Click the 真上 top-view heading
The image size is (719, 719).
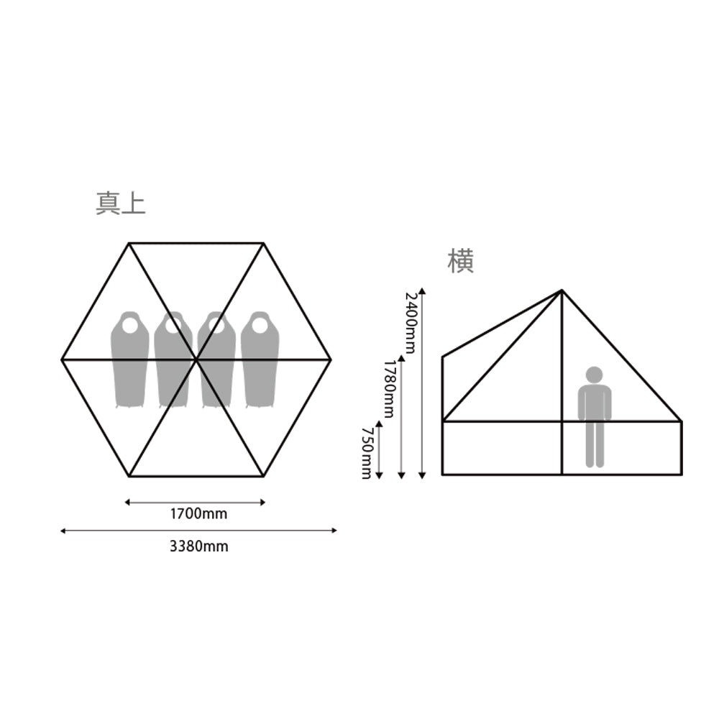[x=121, y=203]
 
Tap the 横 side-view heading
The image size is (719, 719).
[x=460, y=261]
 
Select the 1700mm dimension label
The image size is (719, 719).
[x=198, y=514]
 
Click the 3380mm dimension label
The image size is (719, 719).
[x=199, y=546]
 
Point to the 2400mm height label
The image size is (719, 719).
[x=411, y=324]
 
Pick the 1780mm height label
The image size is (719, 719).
[x=389, y=389]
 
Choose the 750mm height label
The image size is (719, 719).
[x=367, y=454]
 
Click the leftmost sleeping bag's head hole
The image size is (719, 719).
[x=129, y=326]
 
